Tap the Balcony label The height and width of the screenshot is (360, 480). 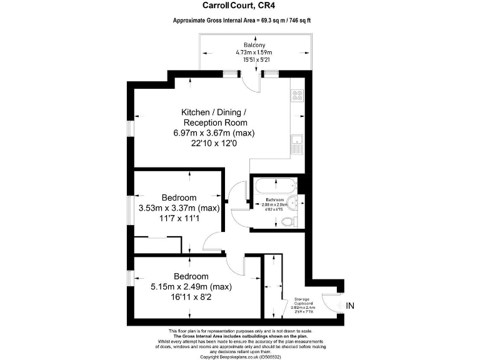[x=254, y=45]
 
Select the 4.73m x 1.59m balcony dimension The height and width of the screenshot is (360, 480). [x=254, y=53]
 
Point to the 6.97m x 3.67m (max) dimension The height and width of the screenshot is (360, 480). [x=214, y=133]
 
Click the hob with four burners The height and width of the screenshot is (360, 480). [x=297, y=96]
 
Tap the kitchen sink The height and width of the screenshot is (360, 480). [x=297, y=144]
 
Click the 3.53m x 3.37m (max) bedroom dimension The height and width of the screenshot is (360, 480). [x=179, y=208]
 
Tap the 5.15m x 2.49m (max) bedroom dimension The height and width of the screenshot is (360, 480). [x=191, y=287]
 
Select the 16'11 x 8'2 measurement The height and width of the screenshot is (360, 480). [x=191, y=298]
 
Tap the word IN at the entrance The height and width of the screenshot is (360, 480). [x=350, y=306]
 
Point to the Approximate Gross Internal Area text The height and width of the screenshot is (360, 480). [x=241, y=21]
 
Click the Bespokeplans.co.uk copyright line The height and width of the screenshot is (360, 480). [x=240, y=357]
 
